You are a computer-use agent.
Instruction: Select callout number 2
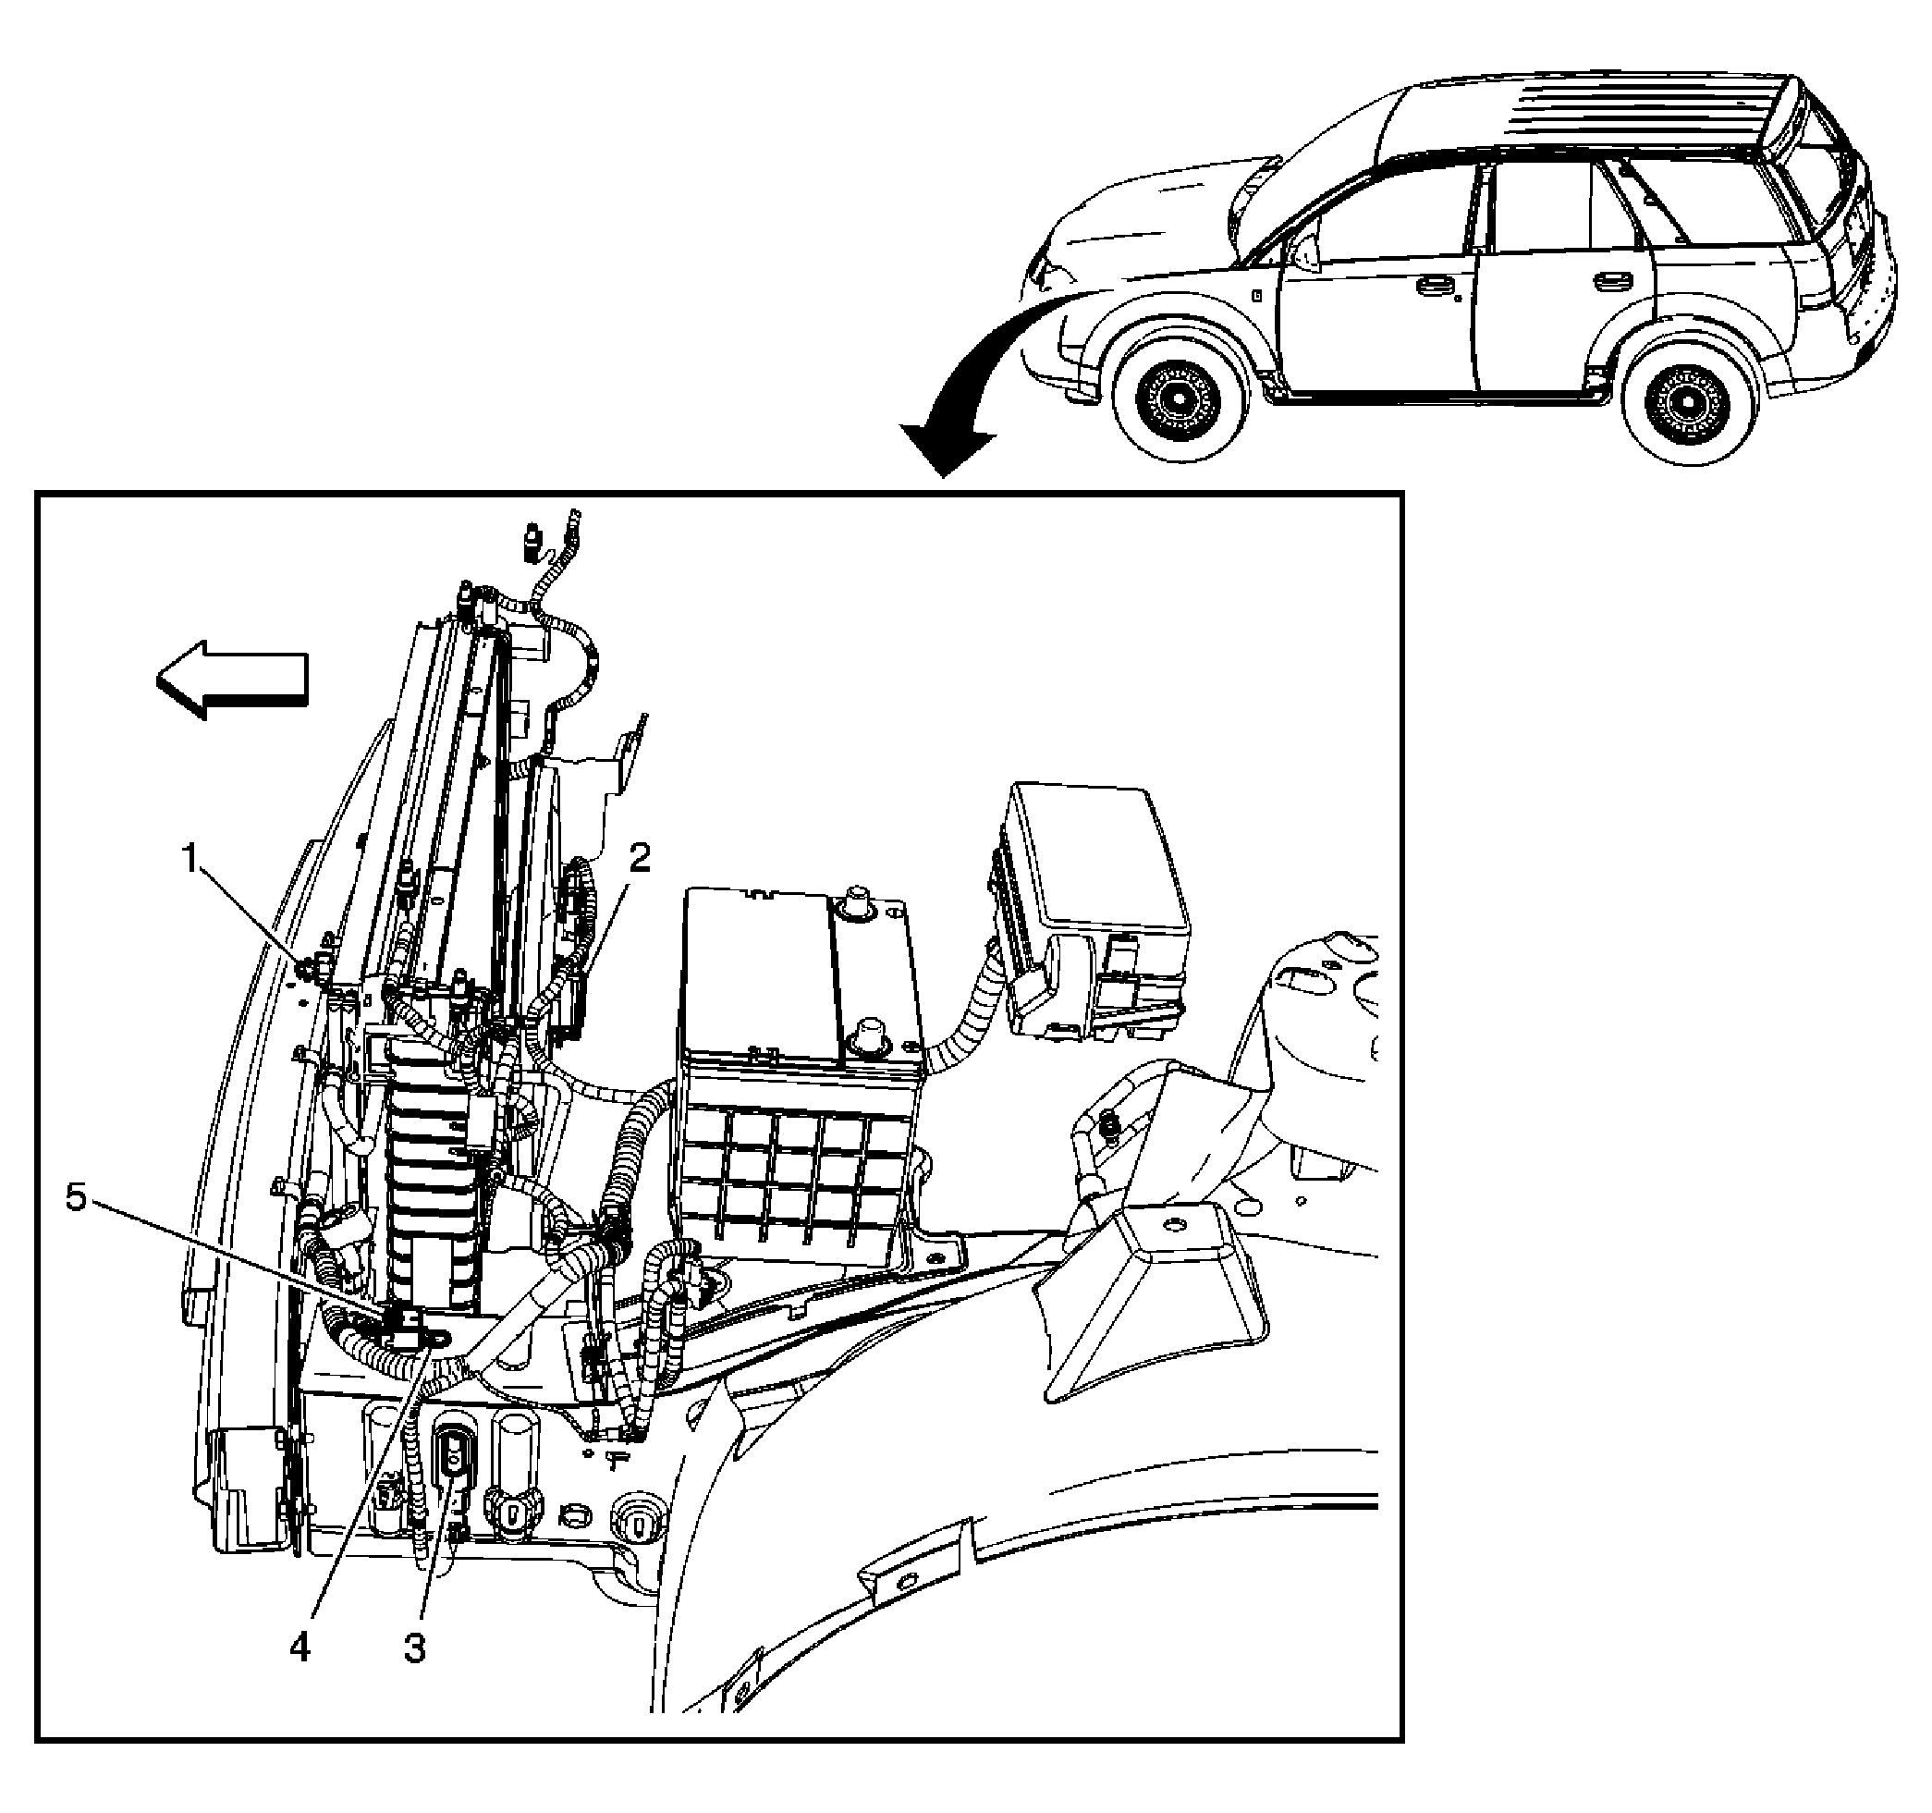tap(640, 858)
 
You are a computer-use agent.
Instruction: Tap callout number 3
tap(415, 1648)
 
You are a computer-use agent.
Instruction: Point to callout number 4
tap(300, 1648)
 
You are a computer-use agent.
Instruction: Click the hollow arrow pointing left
tap(233, 680)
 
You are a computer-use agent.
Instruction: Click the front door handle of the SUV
tap(1431, 286)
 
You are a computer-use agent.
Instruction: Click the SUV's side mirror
tap(1306, 251)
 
